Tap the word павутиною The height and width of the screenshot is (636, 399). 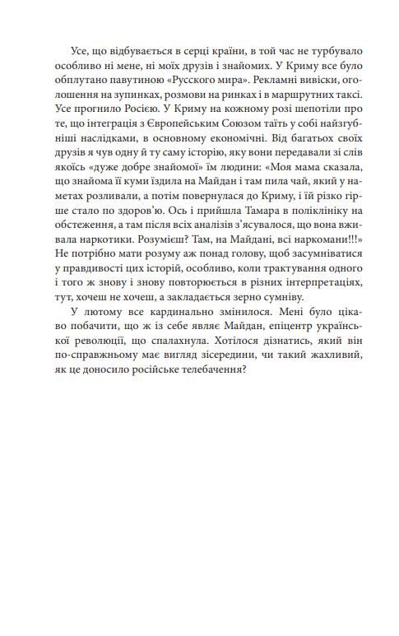click(x=128, y=83)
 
